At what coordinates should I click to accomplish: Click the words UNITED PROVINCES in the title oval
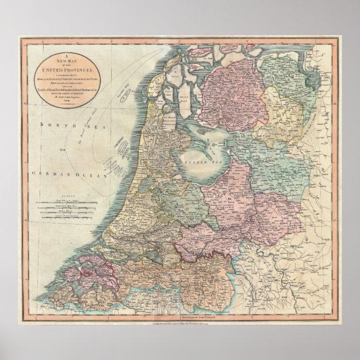tap(67, 69)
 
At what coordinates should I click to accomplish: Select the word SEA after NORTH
tap(80, 127)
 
